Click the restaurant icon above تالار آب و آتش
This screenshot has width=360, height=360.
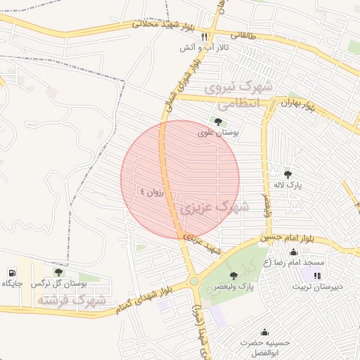[204, 36]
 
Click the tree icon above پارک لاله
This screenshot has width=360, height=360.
[288, 174]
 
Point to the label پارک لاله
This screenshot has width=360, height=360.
[288, 185]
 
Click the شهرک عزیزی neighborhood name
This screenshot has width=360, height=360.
[214, 207]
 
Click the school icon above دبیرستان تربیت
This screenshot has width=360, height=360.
[316, 275]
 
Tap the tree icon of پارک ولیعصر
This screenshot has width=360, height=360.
[233, 275]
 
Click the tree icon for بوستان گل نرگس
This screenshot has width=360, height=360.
[58, 272]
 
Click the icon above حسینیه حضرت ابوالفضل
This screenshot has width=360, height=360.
[264, 332]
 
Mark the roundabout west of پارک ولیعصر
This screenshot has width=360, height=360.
[193, 282]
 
